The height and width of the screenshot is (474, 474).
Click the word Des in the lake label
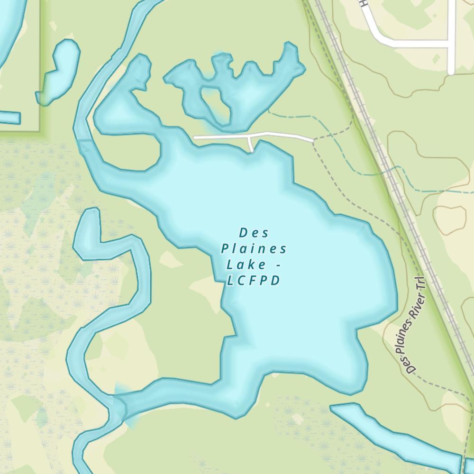pyautogui.click(x=254, y=233)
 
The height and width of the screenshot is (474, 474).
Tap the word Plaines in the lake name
pyautogui.click(x=254, y=249)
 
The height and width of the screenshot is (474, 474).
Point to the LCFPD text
pyautogui.click(x=253, y=281)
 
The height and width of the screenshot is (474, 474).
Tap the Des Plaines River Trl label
pyautogui.click(x=411, y=326)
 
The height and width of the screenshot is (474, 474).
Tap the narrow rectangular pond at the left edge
pyautogui.click(x=9, y=117)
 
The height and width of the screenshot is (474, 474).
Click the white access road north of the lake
pyautogui.click(x=280, y=136)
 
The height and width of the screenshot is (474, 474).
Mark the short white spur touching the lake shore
pyautogui.click(x=251, y=144)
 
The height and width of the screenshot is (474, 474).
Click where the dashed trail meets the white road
pyautogui.click(x=313, y=140)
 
